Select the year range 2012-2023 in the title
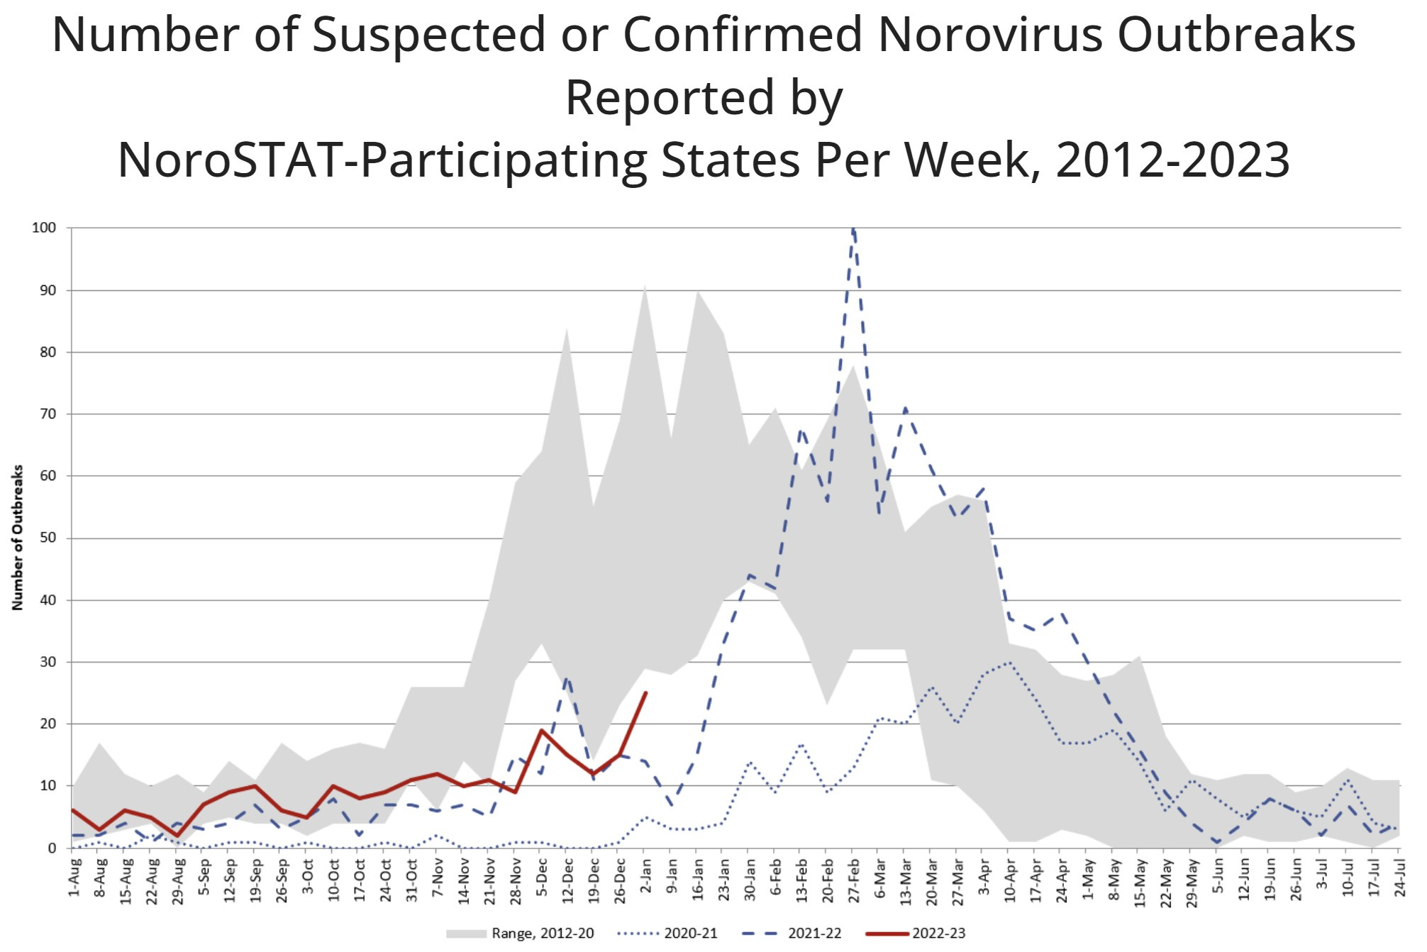tap(1172, 160)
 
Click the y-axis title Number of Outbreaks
tap(18, 537)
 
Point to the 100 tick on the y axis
tap(44, 228)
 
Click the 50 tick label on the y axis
tap(48, 538)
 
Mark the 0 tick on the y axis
tap(52, 848)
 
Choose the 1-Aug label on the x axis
tap(74, 878)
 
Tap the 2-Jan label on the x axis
tap(646, 878)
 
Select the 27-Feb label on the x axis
tap(854, 880)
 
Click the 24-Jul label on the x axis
tap(1400, 878)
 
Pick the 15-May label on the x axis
tap(1140, 880)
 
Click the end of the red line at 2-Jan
tap(645, 692)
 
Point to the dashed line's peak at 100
tap(853, 228)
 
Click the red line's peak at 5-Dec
tap(542, 730)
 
